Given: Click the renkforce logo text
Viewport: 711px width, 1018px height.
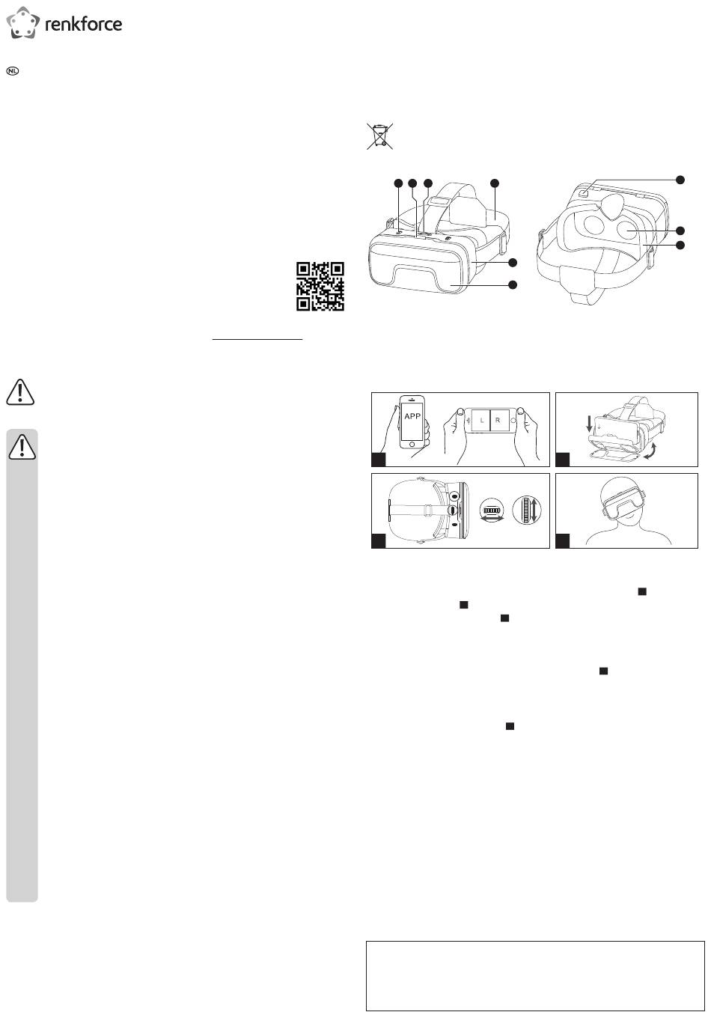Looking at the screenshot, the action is click(84, 24).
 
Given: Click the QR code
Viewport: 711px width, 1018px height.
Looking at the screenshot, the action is click(320, 285).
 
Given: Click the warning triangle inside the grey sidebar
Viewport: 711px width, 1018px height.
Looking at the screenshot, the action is click(22, 447).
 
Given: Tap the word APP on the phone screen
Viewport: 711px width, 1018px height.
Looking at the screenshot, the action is click(412, 416).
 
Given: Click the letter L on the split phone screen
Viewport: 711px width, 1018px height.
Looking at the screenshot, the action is click(481, 421).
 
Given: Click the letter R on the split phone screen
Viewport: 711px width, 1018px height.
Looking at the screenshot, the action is click(498, 421).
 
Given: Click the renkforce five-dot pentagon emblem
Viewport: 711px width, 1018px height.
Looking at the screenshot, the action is click(22, 23).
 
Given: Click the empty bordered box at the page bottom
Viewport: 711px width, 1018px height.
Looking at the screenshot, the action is click(535, 975).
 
